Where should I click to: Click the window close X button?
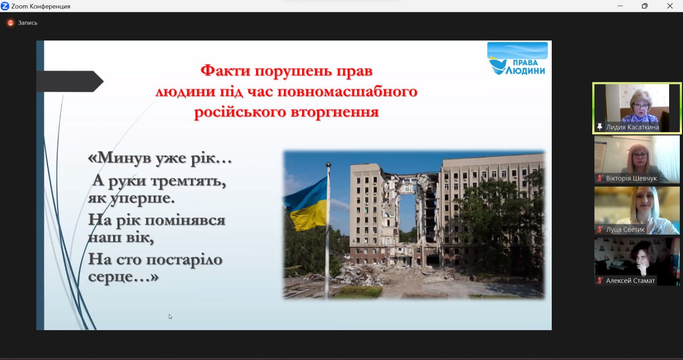(x=670, y=6)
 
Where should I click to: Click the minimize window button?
(x=620, y=6)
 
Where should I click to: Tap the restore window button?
(x=645, y=6)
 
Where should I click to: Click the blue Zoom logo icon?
(x=5, y=6)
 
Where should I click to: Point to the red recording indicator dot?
(x=10, y=23)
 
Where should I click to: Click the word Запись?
(x=27, y=23)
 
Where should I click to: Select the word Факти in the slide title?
(x=226, y=71)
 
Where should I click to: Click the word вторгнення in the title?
(x=335, y=112)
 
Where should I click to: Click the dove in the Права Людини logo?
(x=498, y=67)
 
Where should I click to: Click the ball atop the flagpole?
(x=328, y=165)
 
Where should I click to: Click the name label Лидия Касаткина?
(x=632, y=127)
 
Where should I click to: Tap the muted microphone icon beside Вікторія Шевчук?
(x=600, y=178)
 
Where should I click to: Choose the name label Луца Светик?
(x=625, y=229)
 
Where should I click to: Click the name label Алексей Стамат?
(x=630, y=281)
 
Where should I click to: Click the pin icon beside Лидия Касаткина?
(x=600, y=127)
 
